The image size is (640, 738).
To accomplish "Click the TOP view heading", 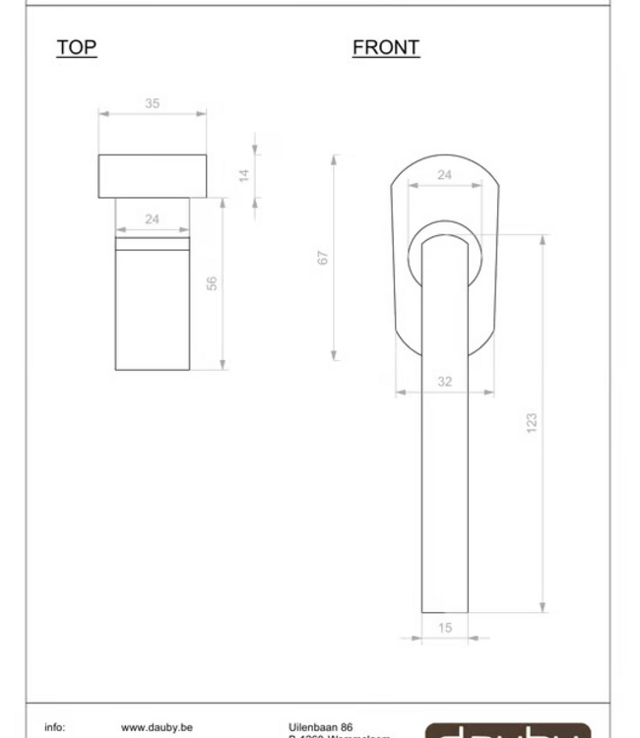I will click(x=77, y=47).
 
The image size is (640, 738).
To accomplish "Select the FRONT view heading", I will click(x=386, y=47).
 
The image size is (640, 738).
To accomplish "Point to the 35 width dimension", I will click(x=152, y=103).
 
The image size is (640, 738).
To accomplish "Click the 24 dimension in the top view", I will click(x=152, y=219).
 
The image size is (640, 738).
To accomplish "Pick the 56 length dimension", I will click(x=212, y=283).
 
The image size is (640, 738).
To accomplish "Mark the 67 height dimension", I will click(x=323, y=258).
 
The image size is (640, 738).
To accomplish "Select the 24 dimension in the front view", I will click(x=444, y=175).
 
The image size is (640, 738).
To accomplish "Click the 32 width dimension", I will click(x=444, y=382).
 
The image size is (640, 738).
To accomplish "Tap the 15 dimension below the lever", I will click(x=444, y=628).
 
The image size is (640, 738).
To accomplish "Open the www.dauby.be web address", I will click(x=157, y=728).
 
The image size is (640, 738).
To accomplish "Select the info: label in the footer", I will click(x=55, y=728).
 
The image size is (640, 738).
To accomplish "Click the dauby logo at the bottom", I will click(x=507, y=730).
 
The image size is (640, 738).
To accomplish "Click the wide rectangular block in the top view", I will click(x=153, y=176).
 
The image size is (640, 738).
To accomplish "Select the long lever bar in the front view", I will click(x=444, y=443).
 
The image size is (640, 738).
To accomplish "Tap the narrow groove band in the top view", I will click(x=152, y=243).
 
